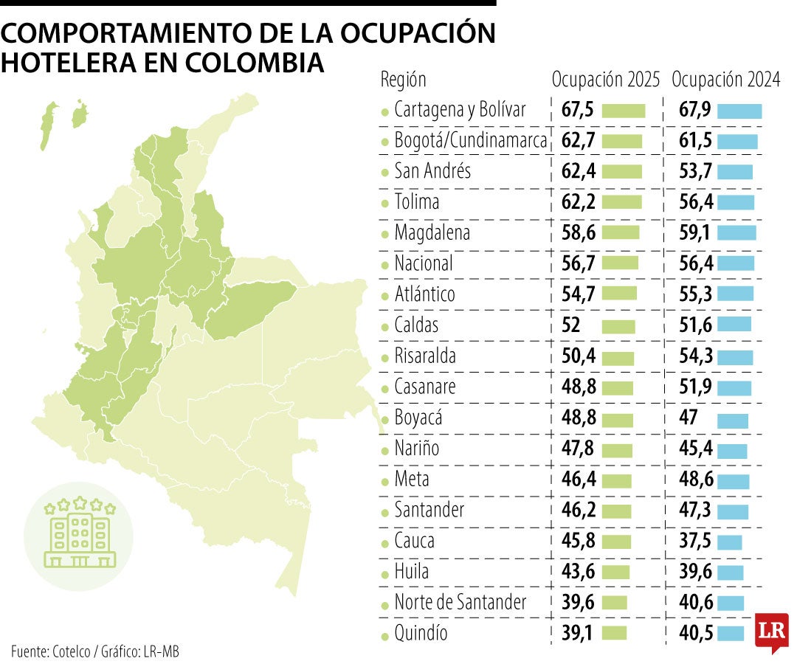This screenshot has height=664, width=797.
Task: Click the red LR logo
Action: point(772,632)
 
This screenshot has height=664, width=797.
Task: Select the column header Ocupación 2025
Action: point(606,80)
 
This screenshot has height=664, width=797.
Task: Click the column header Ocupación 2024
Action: point(726,80)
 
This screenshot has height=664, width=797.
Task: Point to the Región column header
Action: point(403,80)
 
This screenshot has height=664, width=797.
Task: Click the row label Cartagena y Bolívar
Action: point(460,110)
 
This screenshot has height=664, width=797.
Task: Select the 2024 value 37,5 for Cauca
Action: point(695,541)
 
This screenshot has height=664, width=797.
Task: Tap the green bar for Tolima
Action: point(621,203)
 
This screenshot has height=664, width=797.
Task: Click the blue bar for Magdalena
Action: point(736,233)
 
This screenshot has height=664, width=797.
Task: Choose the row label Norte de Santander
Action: point(460,602)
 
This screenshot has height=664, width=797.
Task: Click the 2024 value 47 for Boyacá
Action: point(689,418)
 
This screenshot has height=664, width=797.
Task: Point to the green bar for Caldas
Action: point(618,326)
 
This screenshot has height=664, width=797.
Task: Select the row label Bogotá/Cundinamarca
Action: point(471,141)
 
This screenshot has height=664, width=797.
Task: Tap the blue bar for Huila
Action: point(730,572)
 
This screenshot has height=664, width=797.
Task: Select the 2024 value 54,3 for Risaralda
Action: point(695,356)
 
